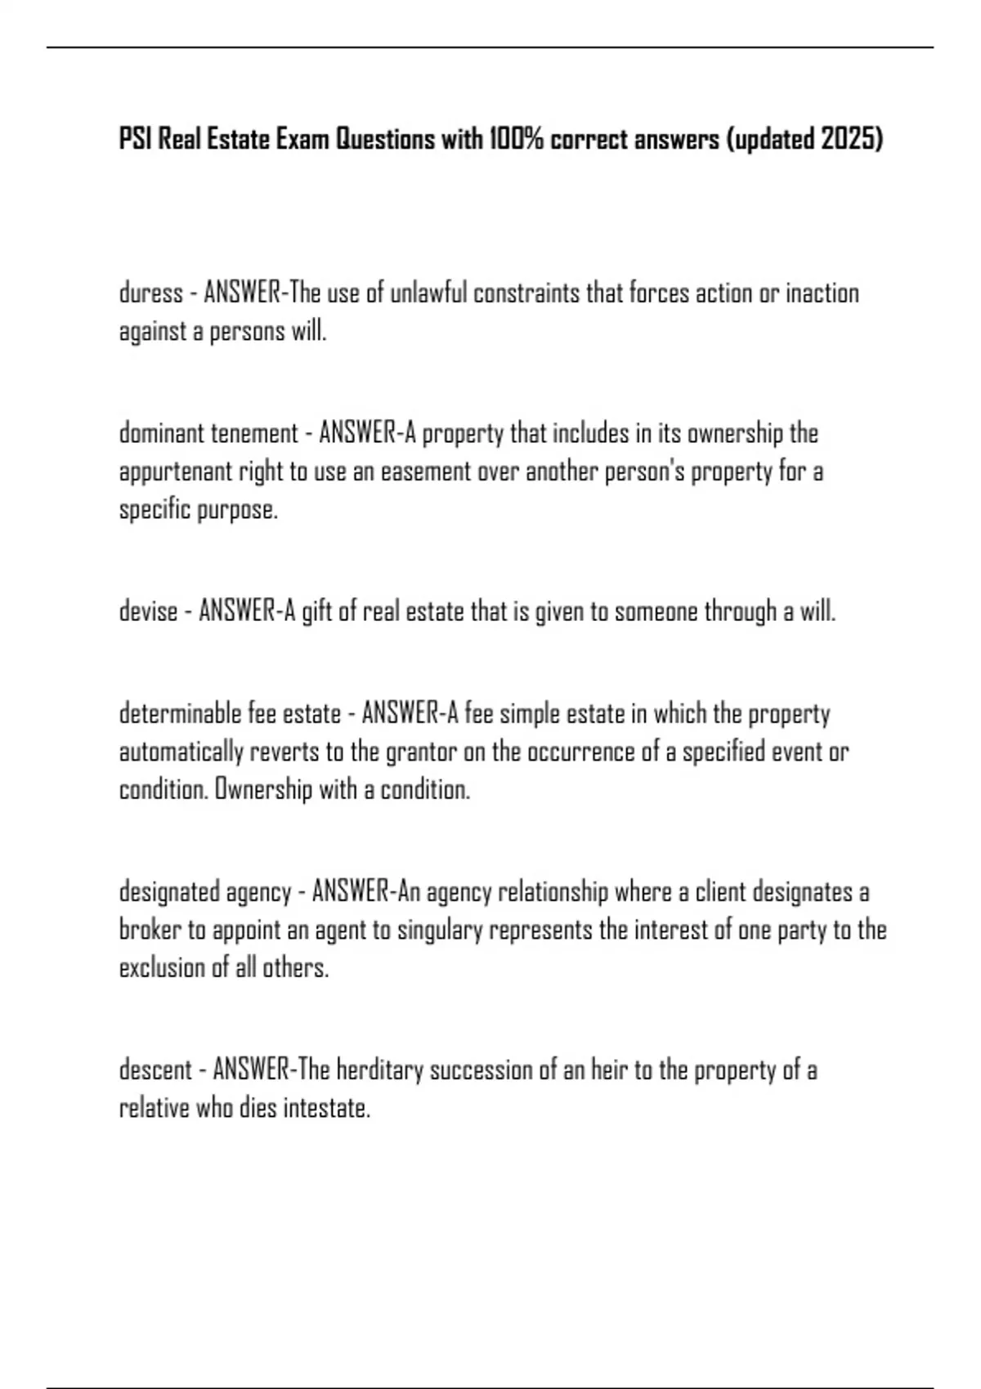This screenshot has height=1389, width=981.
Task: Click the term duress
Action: pos(150,293)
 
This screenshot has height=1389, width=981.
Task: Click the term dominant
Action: pos(162,433)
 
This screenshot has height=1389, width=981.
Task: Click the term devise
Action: pos(148,611)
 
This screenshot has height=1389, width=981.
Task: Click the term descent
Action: pos(155,1070)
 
